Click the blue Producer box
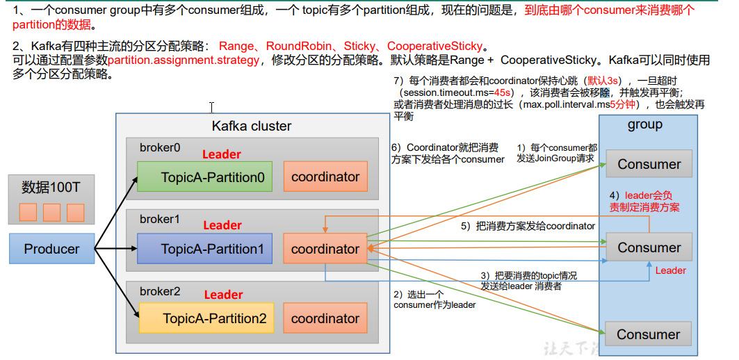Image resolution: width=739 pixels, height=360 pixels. click(x=52, y=249)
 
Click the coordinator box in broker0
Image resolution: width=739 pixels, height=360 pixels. click(x=325, y=177)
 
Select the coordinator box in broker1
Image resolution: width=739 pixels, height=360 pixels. click(x=325, y=249)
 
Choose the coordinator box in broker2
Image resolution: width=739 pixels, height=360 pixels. click(x=325, y=318)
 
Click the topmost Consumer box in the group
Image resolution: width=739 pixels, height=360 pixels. click(x=649, y=165)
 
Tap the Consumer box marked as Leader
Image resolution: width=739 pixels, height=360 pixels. click(x=649, y=247)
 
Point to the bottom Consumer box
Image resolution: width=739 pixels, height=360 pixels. click(x=648, y=334)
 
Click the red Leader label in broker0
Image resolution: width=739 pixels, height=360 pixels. click(x=222, y=154)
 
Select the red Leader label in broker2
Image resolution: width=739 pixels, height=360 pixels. click(x=223, y=295)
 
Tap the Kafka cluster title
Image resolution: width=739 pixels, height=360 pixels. click(x=252, y=126)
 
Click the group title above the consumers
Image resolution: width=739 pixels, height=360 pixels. click(x=644, y=125)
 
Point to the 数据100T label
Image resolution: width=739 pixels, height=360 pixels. click(x=51, y=188)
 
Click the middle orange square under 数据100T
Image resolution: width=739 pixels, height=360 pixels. click(x=51, y=212)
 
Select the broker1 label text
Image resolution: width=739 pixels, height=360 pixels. click(x=159, y=219)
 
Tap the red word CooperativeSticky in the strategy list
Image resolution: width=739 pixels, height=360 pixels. click(x=435, y=47)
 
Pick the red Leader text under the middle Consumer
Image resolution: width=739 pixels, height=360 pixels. click(x=670, y=270)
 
